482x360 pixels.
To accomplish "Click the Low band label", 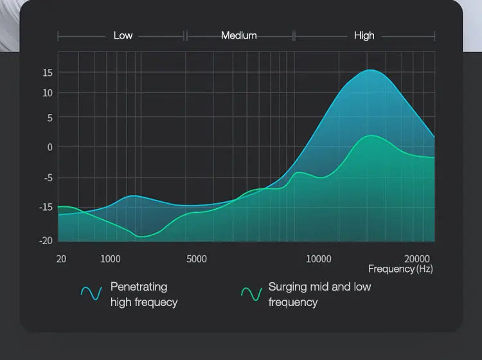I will [123, 36].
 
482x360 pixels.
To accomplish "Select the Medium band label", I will [239, 36].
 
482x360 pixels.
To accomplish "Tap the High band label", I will [364, 36].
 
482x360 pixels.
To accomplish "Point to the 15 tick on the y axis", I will [48, 73].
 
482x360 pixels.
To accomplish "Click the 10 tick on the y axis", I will [48, 93].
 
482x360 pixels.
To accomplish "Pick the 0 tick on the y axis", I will [49, 147].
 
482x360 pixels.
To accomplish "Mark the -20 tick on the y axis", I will [46, 240].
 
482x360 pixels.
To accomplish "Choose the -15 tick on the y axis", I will [46, 207].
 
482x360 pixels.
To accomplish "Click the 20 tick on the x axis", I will [61, 259].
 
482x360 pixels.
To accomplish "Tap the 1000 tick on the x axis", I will [111, 259].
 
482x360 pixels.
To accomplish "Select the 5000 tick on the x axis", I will [197, 259].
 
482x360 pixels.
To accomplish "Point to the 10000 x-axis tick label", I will [318, 259].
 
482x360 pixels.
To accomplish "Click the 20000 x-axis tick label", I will [418, 259].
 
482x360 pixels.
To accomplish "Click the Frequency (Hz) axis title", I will [400, 269].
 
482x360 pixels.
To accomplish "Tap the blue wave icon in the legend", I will [91, 294].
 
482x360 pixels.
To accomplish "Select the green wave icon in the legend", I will [251, 294].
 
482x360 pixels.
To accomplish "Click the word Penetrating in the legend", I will [139, 287].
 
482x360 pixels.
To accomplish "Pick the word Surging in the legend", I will [289, 287].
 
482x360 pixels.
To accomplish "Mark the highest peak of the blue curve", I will [370, 70].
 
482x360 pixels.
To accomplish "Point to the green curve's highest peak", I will [372, 136].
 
